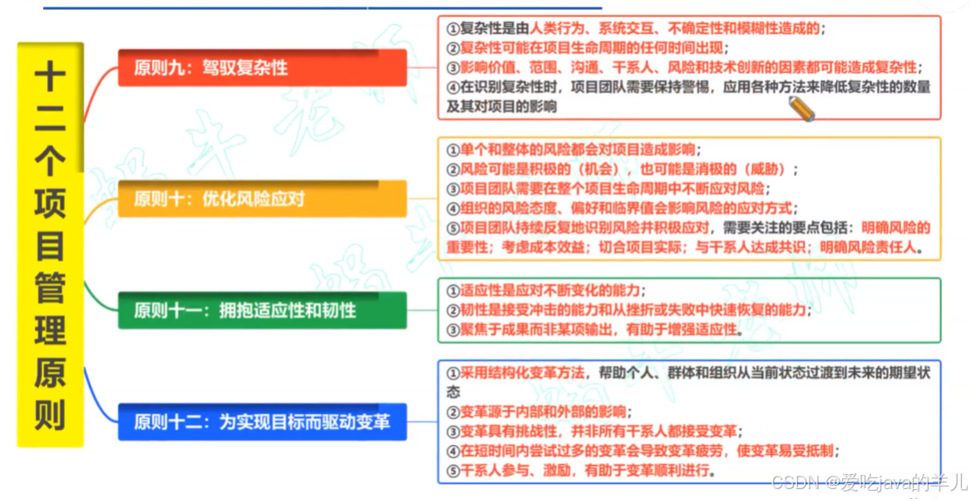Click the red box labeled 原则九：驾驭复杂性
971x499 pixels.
pos(262,67)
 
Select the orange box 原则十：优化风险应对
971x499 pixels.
pos(262,199)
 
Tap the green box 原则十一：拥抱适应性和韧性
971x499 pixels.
pos(262,310)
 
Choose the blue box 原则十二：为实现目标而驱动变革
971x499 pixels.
pos(262,422)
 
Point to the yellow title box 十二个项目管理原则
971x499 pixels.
pos(50,245)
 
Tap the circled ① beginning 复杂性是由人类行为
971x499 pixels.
pos(453,29)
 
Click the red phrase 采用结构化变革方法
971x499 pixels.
pos(522,373)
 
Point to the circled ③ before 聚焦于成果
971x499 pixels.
pos(453,330)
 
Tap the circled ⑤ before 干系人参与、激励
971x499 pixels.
pos(453,471)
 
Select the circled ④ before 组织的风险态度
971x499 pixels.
pos(453,208)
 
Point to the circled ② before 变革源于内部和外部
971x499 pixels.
pos(453,412)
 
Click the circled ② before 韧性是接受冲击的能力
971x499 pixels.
pos(453,311)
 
